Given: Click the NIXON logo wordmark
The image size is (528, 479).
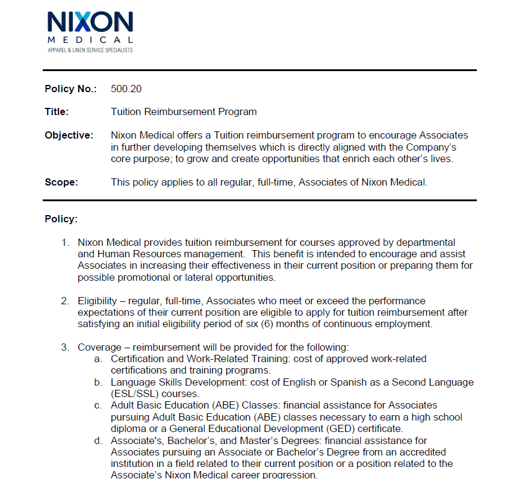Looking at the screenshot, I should tap(90, 22).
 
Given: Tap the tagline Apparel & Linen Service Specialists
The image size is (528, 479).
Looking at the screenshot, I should tap(90, 50).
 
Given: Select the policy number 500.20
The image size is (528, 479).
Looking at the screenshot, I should tap(126, 89).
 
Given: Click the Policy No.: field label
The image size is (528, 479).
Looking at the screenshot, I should tap(70, 89).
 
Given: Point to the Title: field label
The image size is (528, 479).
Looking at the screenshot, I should tap(57, 112).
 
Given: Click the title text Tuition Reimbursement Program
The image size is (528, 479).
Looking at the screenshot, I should tap(184, 112).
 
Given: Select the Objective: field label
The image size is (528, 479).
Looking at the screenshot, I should tap(69, 136).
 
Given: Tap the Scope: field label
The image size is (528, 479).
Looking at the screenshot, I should tap(61, 182).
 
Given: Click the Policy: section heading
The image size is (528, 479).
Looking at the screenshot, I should tap(61, 219).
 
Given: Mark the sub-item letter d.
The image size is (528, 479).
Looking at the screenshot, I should tap(98, 441).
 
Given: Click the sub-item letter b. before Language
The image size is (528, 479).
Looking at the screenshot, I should tap(98, 383).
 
